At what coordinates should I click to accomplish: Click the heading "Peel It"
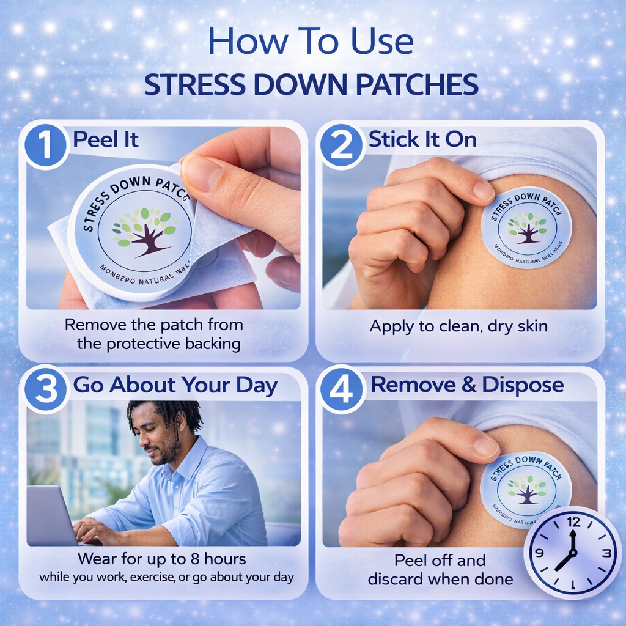point(106,140)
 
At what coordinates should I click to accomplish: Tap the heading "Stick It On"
point(422,140)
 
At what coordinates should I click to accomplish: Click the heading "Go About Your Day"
point(175,386)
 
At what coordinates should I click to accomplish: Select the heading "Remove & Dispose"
point(467,385)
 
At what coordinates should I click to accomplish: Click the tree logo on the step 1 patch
point(145,231)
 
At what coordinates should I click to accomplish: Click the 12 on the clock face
point(573,522)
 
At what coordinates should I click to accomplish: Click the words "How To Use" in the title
point(311,42)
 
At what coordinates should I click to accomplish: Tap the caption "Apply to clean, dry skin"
point(458,326)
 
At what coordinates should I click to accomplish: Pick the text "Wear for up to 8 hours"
point(161,558)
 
